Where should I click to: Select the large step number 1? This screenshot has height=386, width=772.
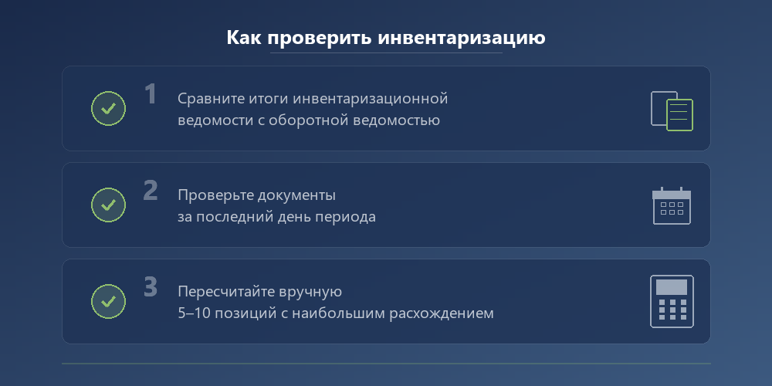pos(151,94)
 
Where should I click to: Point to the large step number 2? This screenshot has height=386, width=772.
pos(151,191)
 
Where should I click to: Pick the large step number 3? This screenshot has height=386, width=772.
pos(151,287)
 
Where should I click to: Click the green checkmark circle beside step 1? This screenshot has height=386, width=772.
pos(108,108)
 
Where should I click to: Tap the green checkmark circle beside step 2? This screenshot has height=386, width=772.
pos(108,205)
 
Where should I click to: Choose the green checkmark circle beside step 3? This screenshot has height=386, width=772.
pos(108,301)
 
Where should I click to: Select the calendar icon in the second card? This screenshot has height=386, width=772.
pos(672,206)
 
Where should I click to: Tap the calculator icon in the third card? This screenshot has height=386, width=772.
pos(672,301)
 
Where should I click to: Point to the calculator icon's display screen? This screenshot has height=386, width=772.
pos(672,286)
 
